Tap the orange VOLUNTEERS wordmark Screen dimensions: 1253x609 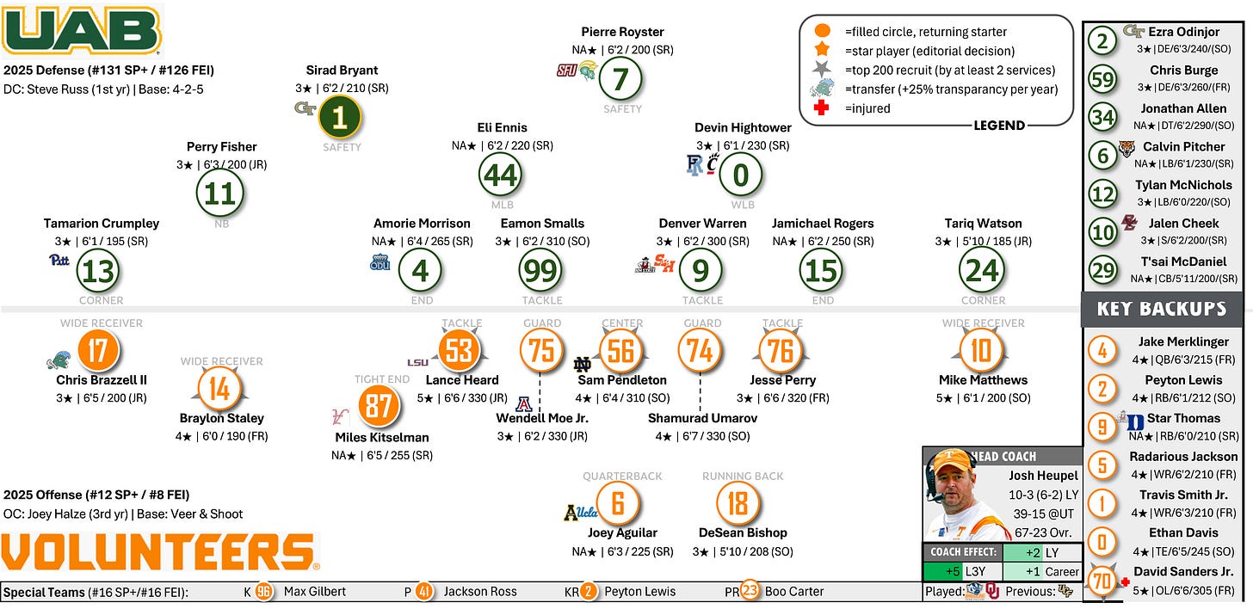(159, 551)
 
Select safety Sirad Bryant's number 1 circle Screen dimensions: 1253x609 (340, 118)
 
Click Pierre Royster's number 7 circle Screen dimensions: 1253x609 (621, 80)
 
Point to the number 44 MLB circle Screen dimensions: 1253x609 (501, 175)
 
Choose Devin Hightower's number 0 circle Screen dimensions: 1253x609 (740, 175)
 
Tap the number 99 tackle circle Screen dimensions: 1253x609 (541, 271)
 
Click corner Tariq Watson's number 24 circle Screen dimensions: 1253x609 (982, 271)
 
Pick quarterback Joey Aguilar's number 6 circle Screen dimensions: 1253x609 (618, 502)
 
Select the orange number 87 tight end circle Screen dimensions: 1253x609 (379, 405)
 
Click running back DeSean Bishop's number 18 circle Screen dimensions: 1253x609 (738, 502)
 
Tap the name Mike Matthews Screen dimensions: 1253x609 (982, 379)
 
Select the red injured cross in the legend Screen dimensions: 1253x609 (822, 108)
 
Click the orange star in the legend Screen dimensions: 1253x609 (822, 51)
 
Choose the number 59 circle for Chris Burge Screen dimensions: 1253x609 (1102, 78)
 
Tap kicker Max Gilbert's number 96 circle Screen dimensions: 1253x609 (263, 592)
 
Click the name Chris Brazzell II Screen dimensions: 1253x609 (102, 379)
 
